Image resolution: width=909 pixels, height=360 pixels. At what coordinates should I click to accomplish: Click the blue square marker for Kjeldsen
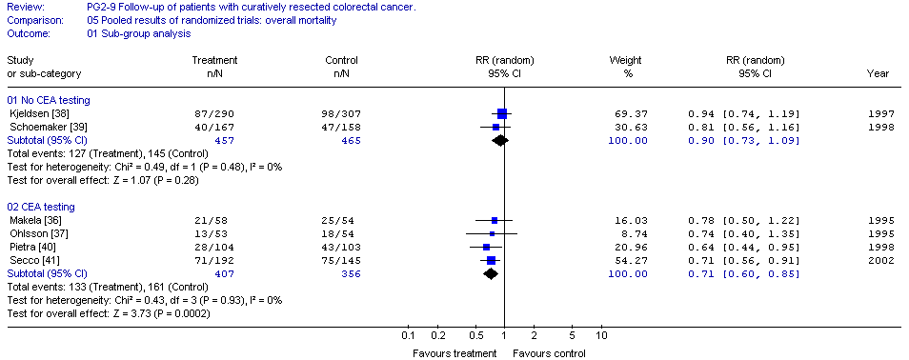pos(502,113)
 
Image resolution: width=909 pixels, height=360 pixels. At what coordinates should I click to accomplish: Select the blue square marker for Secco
pos(491,260)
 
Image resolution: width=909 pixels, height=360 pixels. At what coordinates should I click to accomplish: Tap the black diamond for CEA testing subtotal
pos(491,273)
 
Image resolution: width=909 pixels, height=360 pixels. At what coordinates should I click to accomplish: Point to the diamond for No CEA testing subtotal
pos(499,140)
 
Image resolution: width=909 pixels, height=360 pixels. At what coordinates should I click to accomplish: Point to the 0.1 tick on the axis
pos(408,335)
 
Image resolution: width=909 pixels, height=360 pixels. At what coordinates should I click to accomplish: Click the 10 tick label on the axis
pos(601,335)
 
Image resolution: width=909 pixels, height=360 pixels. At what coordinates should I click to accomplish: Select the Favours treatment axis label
pos(454,353)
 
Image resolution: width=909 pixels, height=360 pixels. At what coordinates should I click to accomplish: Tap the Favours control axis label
pos(549,353)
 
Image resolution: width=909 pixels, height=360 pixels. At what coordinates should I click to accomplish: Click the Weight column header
pos(625,60)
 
